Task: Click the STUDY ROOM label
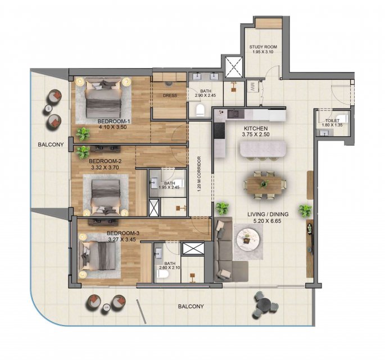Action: click(263, 47)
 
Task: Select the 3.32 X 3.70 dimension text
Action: click(105, 168)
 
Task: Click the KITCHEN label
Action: click(256, 128)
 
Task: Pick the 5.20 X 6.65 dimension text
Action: click(267, 221)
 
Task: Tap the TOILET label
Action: click(332, 120)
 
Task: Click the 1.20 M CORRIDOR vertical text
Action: click(199, 174)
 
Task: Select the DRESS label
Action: click(170, 96)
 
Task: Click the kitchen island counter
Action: click(262, 149)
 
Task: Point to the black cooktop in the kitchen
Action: click(219, 130)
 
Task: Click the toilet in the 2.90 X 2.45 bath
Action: click(200, 110)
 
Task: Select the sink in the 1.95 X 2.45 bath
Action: click(154, 182)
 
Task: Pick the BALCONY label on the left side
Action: click(51, 145)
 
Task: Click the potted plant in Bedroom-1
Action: click(83, 134)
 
